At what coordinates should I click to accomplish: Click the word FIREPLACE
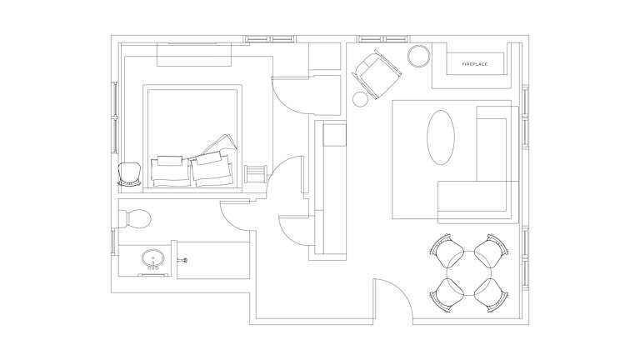tap(475, 64)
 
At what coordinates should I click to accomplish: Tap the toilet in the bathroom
tap(135, 219)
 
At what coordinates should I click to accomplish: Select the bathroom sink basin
tap(153, 257)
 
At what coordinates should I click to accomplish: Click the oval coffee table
tap(441, 137)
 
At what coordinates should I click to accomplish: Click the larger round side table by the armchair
tap(419, 56)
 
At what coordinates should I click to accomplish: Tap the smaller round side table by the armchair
tap(360, 99)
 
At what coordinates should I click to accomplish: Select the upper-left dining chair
tap(447, 250)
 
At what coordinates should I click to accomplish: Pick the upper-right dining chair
tap(492, 250)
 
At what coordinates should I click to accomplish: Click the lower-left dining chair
tap(447, 295)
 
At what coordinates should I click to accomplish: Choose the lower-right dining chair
tap(492, 295)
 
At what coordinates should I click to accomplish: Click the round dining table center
tap(469, 272)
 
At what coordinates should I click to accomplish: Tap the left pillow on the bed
tap(170, 171)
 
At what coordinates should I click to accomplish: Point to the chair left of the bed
tap(129, 174)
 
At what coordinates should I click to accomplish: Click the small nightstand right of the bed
tap(255, 174)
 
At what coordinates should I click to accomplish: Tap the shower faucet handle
tap(182, 259)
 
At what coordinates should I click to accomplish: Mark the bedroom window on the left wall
tap(115, 117)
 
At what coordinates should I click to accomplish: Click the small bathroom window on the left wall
tap(113, 241)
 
